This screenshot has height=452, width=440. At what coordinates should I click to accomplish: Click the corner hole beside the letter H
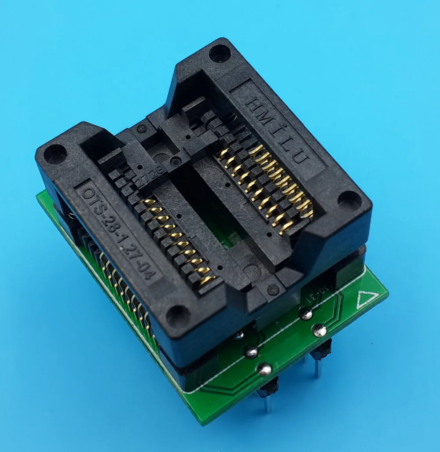tap(220, 53)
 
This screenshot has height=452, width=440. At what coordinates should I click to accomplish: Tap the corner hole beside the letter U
tap(349, 200)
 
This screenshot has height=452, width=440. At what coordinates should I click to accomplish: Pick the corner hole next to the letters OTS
tap(55, 154)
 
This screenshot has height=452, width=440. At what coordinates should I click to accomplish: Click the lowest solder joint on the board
tap(265, 368)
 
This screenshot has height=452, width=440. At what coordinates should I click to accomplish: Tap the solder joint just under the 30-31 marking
tap(305, 313)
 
